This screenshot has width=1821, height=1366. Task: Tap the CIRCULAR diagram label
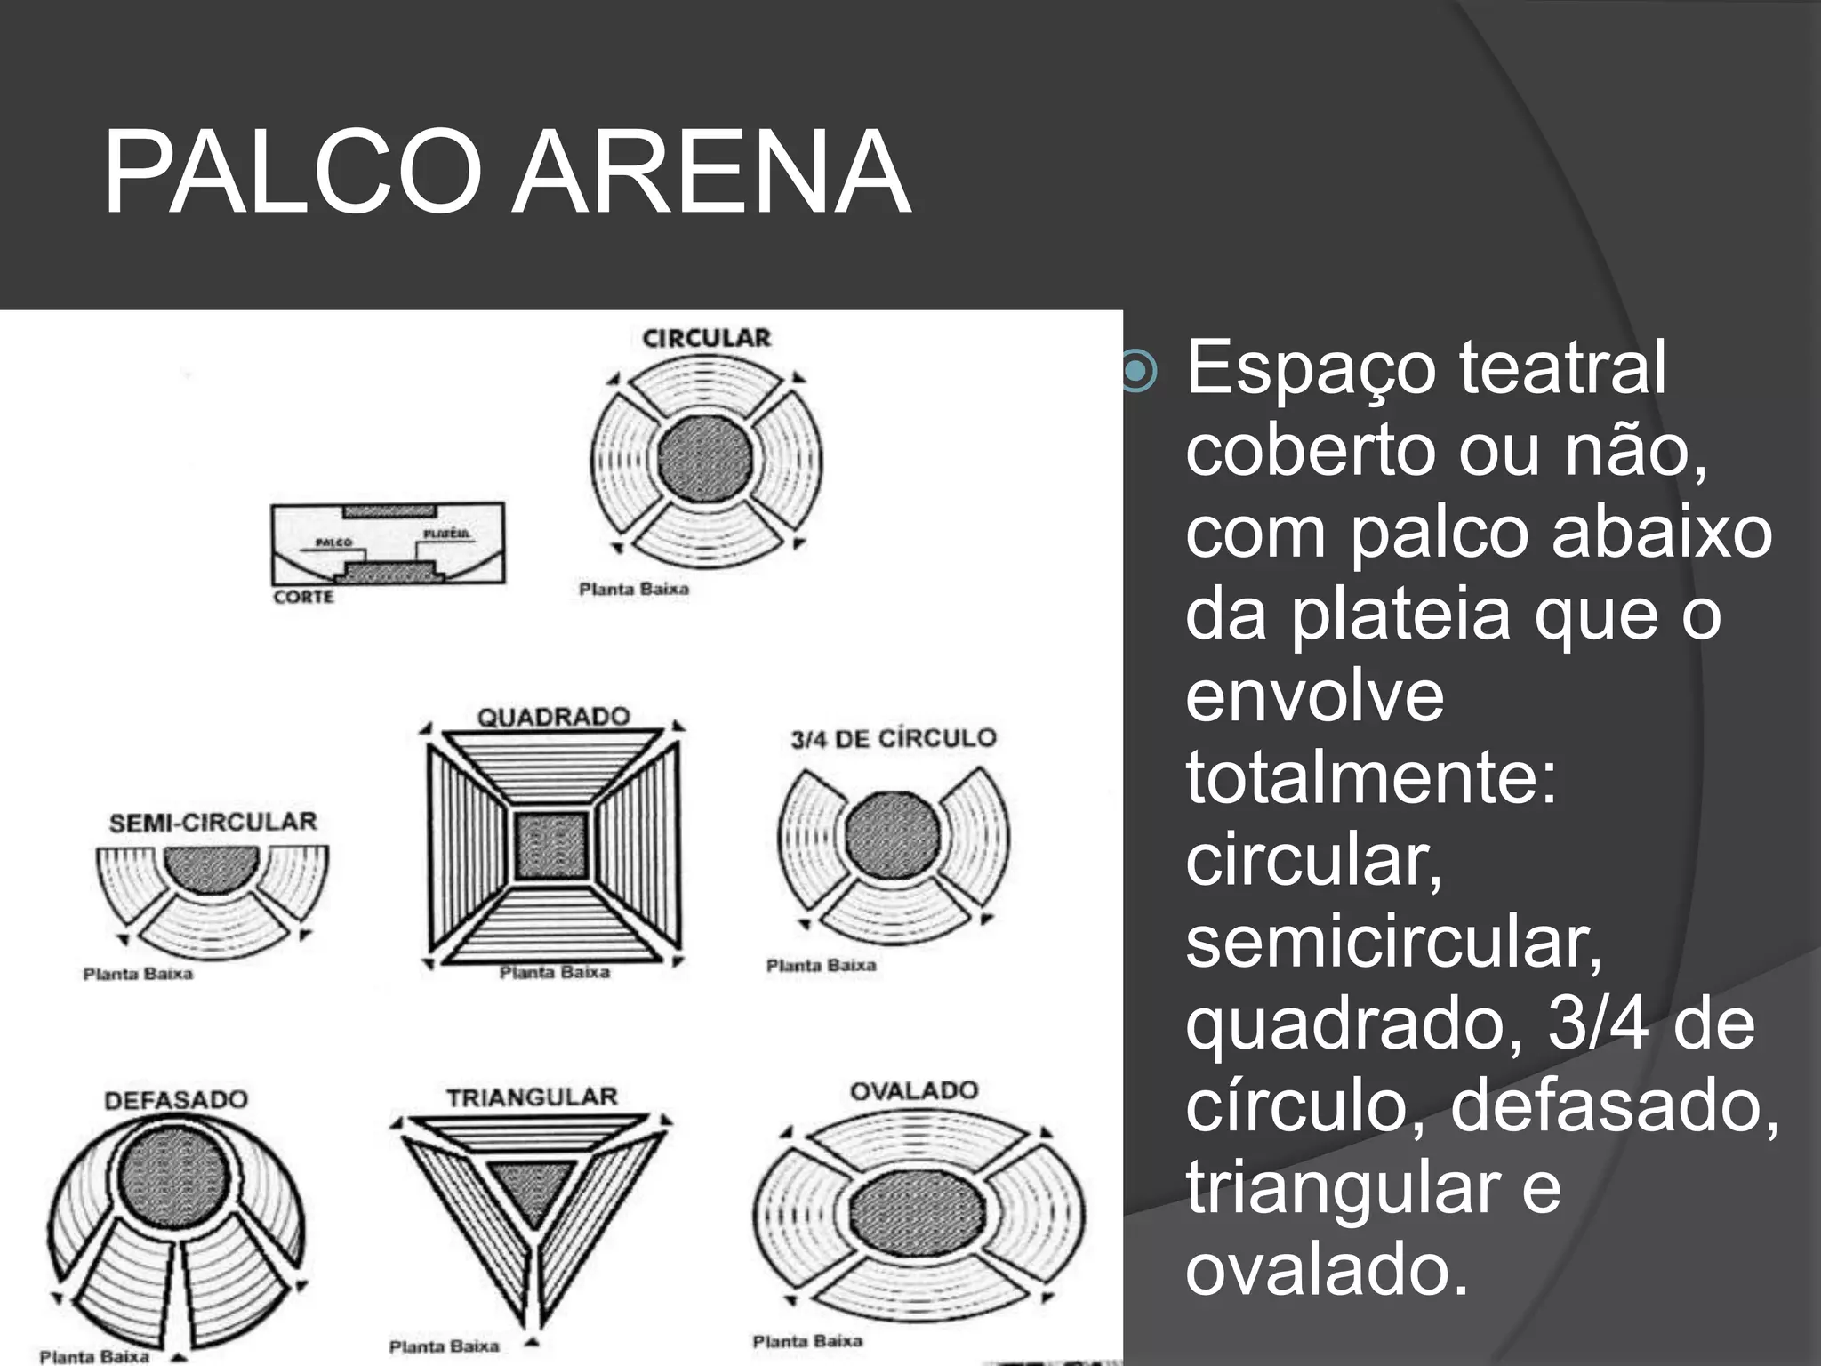[x=706, y=338]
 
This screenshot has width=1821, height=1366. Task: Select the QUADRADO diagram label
[x=553, y=716]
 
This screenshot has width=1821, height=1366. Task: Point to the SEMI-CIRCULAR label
[x=213, y=822]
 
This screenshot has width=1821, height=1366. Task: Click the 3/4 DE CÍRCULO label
[x=893, y=738]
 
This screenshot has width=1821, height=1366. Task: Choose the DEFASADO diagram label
[x=176, y=1100]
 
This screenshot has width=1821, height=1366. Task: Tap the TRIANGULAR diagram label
[x=532, y=1097]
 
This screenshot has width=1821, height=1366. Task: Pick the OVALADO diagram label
[x=914, y=1090]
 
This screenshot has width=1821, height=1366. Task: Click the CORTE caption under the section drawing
[x=303, y=597]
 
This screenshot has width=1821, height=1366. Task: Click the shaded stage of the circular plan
[x=706, y=460]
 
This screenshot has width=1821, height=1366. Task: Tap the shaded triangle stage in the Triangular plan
[x=531, y=1192]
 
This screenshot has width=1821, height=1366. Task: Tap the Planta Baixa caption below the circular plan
[x=633, y=589]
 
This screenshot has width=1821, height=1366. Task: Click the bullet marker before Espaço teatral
[x=1137, y=371]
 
